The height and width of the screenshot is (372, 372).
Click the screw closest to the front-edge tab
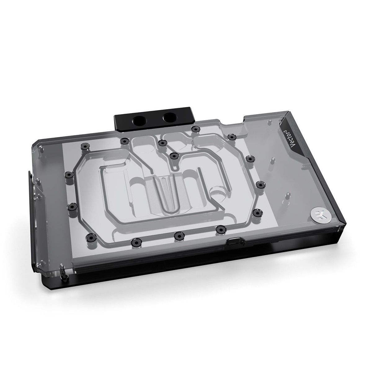tap(220, 229)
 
